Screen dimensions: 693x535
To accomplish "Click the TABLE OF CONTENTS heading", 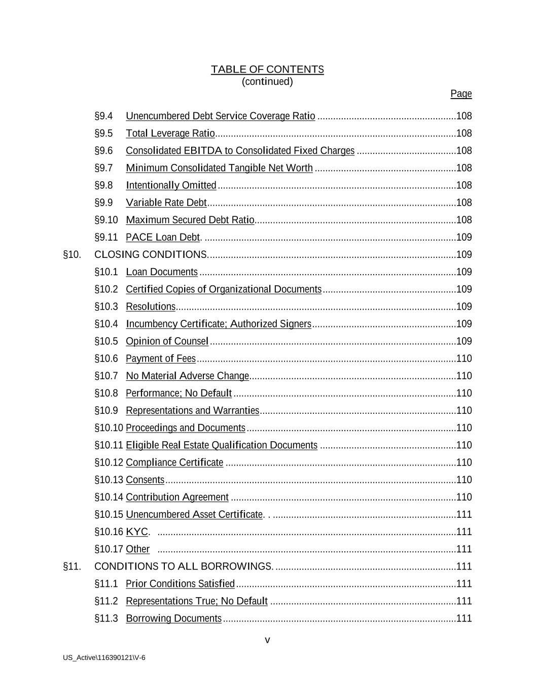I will click(267, 70).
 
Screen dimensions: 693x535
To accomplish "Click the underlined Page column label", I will click(461, 94).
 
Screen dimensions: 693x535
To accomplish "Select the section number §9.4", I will click(103, 116).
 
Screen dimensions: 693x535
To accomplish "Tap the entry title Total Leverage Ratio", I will click(170, 134).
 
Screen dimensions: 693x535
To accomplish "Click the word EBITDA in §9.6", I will click(203, 151).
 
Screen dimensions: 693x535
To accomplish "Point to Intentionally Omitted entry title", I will click(171, 185).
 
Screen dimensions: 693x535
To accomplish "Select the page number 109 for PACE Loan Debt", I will click(464, 237).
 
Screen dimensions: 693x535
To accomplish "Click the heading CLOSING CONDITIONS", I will click(151, 254).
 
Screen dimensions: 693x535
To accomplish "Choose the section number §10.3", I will click(106, 307).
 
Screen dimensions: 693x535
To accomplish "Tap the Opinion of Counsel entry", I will click(167, 341).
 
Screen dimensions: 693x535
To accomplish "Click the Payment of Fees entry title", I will click(161, 358).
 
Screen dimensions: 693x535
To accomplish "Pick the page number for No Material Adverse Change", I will click(464, 376).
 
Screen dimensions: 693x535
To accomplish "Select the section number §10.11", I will click(109, 445).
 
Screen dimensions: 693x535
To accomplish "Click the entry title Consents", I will click(145, 480).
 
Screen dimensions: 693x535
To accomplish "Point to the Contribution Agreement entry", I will click(177, 497).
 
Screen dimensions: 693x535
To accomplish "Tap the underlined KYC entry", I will click(137, 532).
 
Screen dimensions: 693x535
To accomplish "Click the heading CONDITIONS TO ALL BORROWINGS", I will click(184, 566).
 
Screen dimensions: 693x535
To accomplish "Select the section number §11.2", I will click(106, 601).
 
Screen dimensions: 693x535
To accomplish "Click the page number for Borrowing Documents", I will click(464, 618).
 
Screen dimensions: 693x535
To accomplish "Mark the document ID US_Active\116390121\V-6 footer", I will click(104, 658).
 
